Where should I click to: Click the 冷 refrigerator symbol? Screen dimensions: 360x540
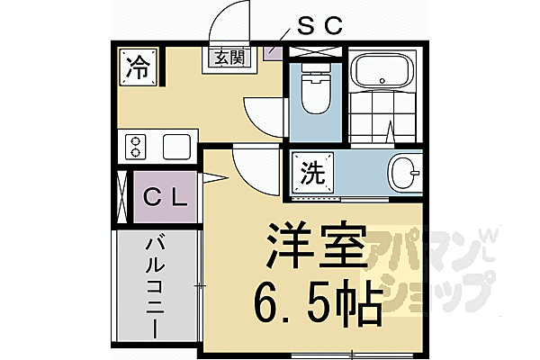point(137,65)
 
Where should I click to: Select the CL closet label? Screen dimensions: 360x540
point(165,194)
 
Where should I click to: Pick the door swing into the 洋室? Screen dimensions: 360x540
point(245,166)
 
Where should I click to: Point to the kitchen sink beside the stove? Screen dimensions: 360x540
point(176,145)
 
